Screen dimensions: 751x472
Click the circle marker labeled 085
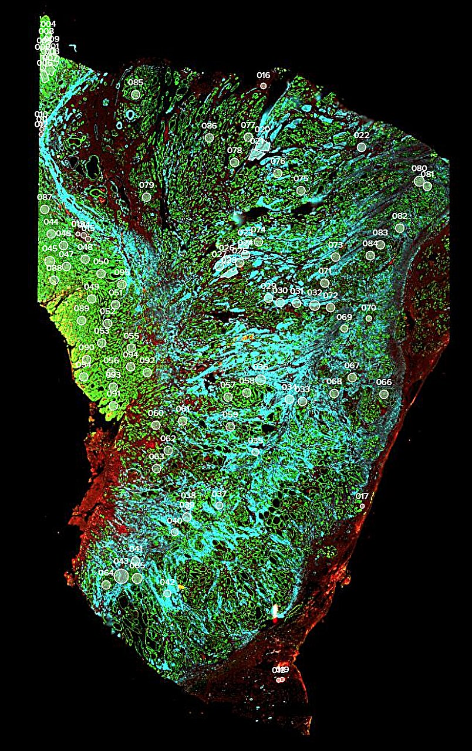[136, 94]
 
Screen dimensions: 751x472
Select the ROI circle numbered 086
[209, 138]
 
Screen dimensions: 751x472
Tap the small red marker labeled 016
[263, 86]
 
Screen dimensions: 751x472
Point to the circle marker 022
[362, 147]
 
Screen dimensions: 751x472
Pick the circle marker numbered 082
[400, 228]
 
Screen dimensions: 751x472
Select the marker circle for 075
[301, 190]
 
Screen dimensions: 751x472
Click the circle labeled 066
[384, 394]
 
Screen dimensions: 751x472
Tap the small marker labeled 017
[362, 506]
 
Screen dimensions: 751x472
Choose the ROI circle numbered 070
[369, 318]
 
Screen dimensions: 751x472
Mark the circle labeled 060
[156, 425]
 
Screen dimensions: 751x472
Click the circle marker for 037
[219, 505]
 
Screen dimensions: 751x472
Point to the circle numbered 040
[174, 532]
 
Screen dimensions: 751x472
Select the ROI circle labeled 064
[106, 584]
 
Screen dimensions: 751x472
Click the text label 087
[45, 198]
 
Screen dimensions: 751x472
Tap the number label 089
[82, 309]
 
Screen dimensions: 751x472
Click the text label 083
[380, 233]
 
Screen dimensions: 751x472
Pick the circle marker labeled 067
[352, 377]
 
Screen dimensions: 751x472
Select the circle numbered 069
[344, 329]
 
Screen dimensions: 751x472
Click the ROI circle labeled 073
[335, 256]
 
